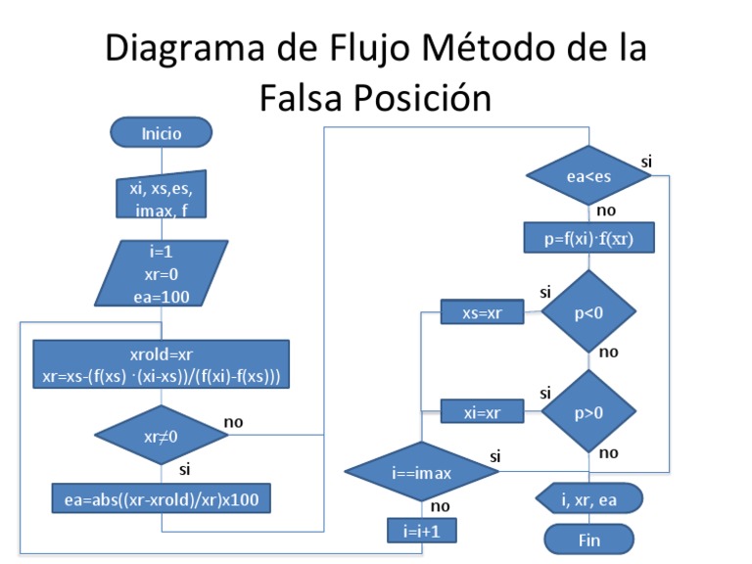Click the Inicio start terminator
coord(162,132)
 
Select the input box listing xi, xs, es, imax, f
coord(162,200)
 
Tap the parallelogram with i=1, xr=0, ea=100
coord(162,274)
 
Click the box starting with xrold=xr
coord(162,365)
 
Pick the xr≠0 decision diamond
coord(161,435)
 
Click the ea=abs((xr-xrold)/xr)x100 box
coord(162,498)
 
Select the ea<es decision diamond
coord(588,176)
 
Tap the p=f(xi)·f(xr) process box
coord(587,238)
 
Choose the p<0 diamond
coord(588,312)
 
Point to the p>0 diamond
coord(588,411)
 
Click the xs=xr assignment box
coord(482,312)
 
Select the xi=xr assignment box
coord(482,412)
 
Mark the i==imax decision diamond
coord(422,473)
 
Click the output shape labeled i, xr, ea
coord(589,499)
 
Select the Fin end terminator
coord(589,540)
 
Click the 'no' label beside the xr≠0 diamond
coord(234,422)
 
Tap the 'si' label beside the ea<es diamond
coord(646,160)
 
